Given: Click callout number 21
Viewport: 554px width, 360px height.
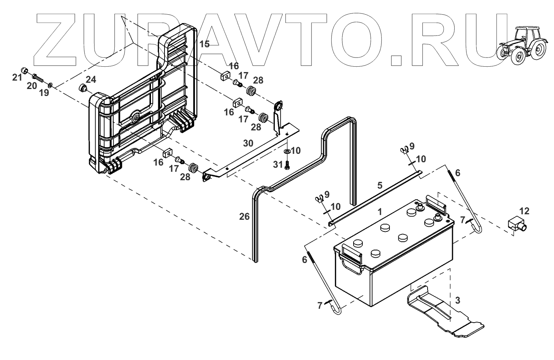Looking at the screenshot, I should pos(17,77).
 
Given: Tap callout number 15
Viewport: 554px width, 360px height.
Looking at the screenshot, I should pos(204,44).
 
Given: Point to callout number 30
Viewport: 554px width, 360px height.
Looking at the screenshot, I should pos(248,143).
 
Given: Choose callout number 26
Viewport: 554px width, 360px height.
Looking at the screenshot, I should pos(244,217).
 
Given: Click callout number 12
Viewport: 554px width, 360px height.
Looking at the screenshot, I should pos(524,211).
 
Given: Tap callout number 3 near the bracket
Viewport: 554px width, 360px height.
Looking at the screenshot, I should pos(457,300).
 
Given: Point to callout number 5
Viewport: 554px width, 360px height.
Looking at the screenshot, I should pos(380,185).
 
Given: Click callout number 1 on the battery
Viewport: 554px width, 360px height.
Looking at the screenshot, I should pos(380,211).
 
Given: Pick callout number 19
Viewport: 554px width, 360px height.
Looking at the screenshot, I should pos(44,93).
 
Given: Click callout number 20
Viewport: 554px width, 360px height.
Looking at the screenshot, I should pos(32,86).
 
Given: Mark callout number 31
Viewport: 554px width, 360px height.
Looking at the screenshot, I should pos(278,165).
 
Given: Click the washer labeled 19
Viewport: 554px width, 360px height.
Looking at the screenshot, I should pos(50,85).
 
